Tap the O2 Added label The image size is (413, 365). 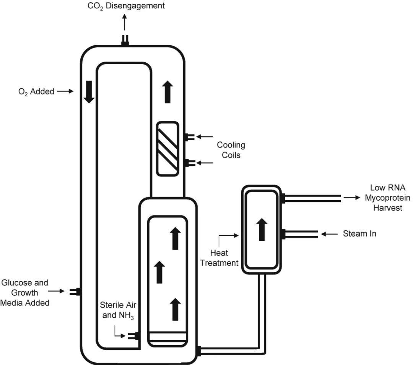tap(35, 91)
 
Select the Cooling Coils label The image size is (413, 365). tap(231, 150)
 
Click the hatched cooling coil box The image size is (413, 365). tap(168, 148)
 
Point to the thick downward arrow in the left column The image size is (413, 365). tap(89, 92)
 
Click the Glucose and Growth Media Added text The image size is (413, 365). tap(25, 293)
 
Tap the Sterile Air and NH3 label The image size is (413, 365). tap(118, 310)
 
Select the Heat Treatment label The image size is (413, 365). tap(224, 258)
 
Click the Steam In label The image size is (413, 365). tap(359, 234)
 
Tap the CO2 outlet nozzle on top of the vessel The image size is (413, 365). tap(124, 40)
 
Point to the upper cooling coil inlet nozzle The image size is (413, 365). tap(189, 136)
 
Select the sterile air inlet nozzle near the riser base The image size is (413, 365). tap(133, 336)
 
